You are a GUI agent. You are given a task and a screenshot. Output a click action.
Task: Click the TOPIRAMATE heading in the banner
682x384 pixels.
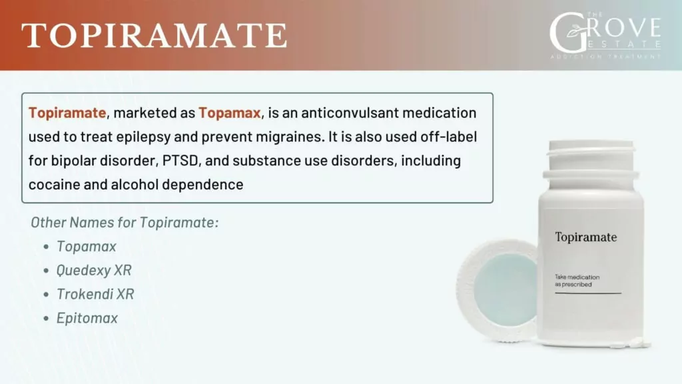pos(155,35)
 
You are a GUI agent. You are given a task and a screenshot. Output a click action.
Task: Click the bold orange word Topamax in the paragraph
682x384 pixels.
pos(229,113)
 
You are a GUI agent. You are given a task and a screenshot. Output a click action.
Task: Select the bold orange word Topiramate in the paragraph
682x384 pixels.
pos(67,113)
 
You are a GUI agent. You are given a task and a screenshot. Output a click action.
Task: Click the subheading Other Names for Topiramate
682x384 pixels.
pos(125,223)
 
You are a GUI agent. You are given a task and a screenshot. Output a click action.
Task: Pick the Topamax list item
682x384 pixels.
pos(87,247)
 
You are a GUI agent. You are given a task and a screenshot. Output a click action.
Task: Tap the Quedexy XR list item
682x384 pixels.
pos(94,271)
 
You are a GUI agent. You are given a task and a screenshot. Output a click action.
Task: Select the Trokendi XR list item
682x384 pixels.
pos(95,294)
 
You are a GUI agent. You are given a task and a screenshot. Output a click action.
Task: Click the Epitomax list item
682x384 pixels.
pos(87,318)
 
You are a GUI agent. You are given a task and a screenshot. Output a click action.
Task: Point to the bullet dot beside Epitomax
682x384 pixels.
pos(45,319)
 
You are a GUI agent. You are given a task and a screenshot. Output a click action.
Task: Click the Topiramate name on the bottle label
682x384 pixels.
pos(585,237)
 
